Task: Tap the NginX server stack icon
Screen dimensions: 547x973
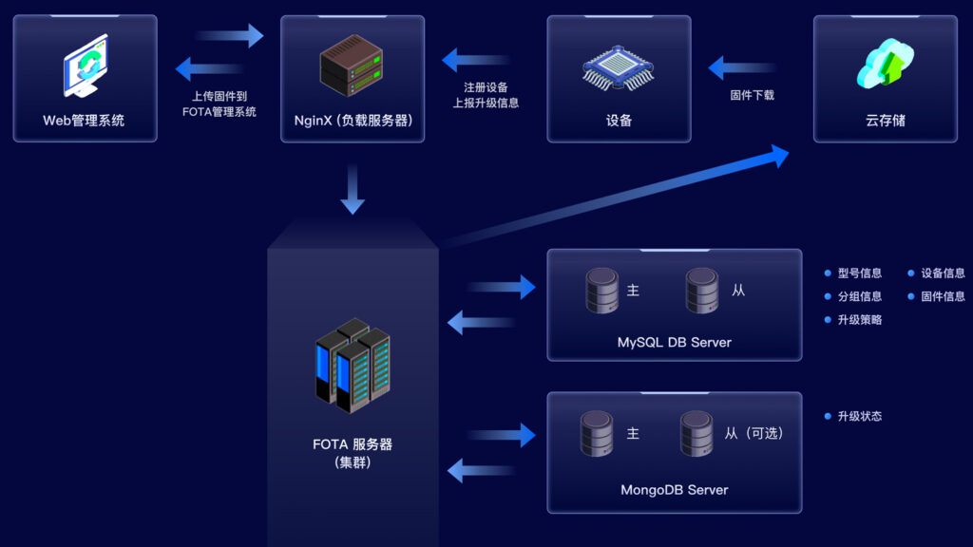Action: click(x=352, y=66)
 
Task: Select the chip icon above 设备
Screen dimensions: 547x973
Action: click(x=619, y=67)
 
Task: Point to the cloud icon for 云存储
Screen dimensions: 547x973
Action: click(x=885, y=63)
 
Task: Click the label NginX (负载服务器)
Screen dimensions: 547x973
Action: click(x=352, y=121)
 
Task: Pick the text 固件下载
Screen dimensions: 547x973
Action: click(x=752, y=95)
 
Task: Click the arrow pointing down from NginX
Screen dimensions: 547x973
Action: click(x=353, y=190)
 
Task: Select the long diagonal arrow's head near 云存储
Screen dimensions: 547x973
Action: click(x=779, y=156)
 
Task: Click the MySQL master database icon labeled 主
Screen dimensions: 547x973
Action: click(x=602, y=291)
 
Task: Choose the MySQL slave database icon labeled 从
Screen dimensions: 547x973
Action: click(x=702, y=291)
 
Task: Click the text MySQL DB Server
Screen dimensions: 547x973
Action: click(x=674, y=342)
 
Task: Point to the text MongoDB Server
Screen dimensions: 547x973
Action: click(x=674, y=490)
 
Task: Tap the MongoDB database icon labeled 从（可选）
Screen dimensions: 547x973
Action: click(x=696, y=433)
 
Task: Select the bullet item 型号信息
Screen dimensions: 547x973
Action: click(x=859, y=273)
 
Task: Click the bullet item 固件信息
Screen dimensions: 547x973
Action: click(x=943, y=296)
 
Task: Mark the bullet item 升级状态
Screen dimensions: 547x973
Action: click(x=859, y=416)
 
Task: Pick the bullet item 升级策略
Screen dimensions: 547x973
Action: click(x=859, y=320)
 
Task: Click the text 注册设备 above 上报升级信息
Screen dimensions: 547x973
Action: click(x=486, y=86)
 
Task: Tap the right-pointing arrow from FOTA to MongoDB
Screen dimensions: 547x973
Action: click(x=502, y=436)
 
